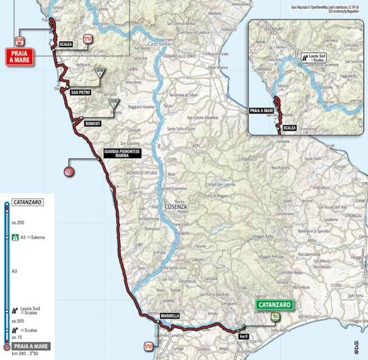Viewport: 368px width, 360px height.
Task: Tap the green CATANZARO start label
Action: (x=273, y=305)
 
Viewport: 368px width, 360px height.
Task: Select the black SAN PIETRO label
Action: (x=81, y=92)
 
